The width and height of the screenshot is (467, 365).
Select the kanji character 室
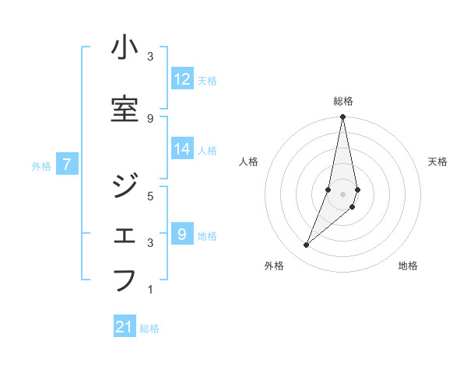click(125, 109)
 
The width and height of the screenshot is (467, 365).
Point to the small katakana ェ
click(125, 235)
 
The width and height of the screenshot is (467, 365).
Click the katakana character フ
click(125, 280)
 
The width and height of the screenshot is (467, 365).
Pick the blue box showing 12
click(182, 79)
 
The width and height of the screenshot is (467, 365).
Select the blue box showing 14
click(182, 149)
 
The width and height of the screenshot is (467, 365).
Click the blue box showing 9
click(182, 235)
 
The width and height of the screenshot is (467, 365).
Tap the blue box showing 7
click(68, 165)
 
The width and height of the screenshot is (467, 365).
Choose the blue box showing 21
click(125, 327)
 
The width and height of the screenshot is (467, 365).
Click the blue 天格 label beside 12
click(207, 80)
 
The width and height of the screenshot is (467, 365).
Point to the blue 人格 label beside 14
click(207, 150)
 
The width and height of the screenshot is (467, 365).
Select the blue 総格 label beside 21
click(149, 328)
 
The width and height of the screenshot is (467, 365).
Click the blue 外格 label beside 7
click(41, 165)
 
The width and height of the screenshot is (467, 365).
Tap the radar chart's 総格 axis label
click(342, 101)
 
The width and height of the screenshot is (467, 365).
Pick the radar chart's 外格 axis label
click(273, 266)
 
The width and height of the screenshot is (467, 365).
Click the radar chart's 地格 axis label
click(408, 266)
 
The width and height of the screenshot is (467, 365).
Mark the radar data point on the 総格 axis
click(342, 117)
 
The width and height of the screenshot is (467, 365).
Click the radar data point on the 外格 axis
click(306, 245)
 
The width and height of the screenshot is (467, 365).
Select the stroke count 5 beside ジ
click(151, 196)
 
